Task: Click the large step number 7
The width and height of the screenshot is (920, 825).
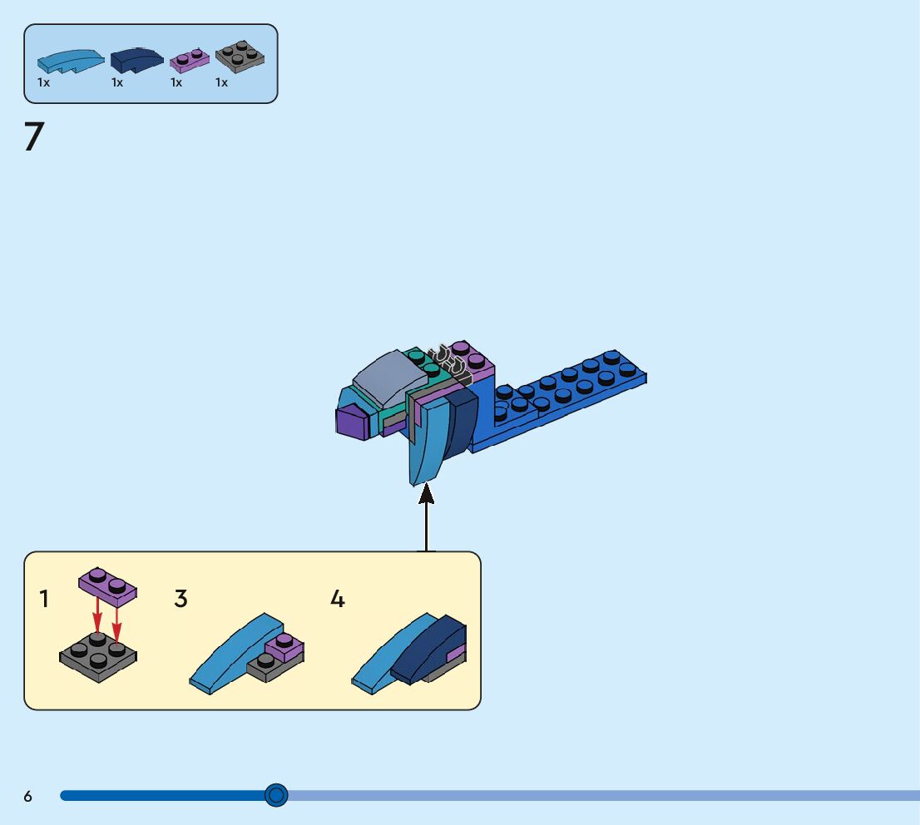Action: pyautogui.click(x=33, y=137)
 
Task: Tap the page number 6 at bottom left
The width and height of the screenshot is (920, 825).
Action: pyautogui.click(x=27, y=796)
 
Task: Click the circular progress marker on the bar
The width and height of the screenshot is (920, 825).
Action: pyautogui.click(x=276, y=795)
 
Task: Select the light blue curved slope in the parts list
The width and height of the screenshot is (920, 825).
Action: pyautogui.click(x=70, y=61)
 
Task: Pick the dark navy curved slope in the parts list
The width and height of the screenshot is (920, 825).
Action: pyautogui.click(x=137, y=59)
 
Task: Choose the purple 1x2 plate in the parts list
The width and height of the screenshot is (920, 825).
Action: pyautogui.click(x=190, y=61)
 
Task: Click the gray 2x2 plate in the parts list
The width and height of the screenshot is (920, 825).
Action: pyautogui.click(x=240, y=58)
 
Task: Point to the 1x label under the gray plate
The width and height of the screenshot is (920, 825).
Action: pyautogui.click(x=221, y=83)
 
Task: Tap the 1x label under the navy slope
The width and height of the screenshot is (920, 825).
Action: pyautogui.click(x=117, y=83)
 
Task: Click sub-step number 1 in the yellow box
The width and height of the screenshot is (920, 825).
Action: pyautogui.click(x=44, y=599)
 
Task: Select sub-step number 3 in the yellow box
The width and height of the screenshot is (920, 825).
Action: pyautogui.click(x=181, y=599)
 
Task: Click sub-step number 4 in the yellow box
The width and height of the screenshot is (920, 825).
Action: pyautogui.click(x=337, y=599)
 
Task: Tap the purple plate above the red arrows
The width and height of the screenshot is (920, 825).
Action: pyautogui.click(x=108, y=585)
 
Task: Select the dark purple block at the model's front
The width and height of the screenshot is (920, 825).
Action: pyautogui.click(x=353, y=422)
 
